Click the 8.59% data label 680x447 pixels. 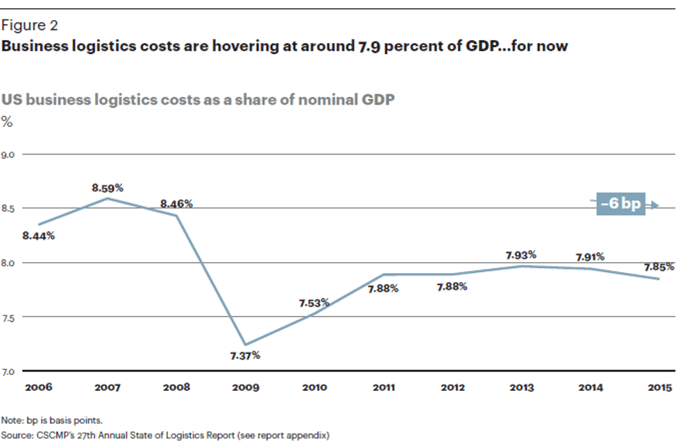108,188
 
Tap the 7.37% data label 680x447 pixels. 245,356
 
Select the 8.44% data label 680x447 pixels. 38,236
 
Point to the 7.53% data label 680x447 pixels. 314,304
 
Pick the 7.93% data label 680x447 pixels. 521,255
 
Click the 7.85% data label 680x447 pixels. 657,267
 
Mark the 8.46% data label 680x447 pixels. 176,204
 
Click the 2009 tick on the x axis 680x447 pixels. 245,387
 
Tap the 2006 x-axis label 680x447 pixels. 38,387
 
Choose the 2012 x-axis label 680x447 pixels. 452,387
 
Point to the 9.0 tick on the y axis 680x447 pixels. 8,154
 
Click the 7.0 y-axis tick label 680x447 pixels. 8,371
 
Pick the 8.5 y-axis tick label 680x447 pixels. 8,209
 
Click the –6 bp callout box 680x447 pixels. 620,204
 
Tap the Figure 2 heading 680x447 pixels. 29,26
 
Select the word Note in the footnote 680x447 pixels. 11,420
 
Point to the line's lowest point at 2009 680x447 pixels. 245,344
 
